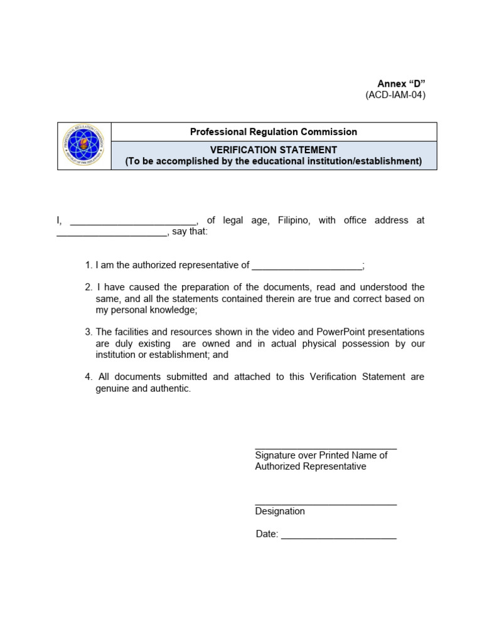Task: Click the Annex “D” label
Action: [x=401, y=84]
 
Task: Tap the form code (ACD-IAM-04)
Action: [x=395, y=95]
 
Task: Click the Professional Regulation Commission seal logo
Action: [x=84, y=146]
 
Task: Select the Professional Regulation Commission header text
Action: [x=274, y=132]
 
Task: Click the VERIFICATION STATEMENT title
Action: [x=274, y=150]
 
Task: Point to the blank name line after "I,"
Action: [x=133, y=221]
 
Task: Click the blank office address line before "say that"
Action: [x=112, y=232]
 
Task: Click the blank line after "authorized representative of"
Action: [x=307, y=266]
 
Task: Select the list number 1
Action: [x=88, y=266]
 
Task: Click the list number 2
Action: [x=88, y=288]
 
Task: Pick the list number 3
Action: [x=88, y=332]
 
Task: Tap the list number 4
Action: [x=88, y=377]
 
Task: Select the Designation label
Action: [x=280, y=511]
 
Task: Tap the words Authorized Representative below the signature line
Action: [x=311, y=467]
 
